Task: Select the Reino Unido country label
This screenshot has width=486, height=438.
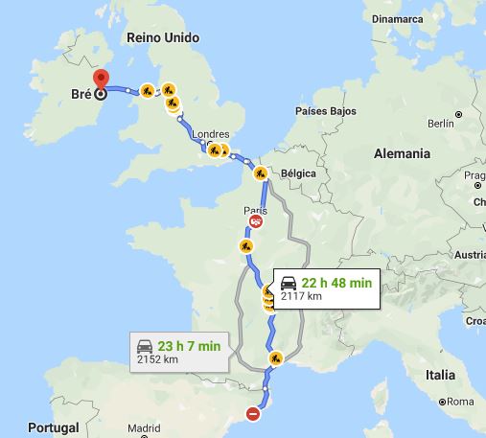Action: (163, 37)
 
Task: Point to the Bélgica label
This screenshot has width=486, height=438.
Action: (299, 173)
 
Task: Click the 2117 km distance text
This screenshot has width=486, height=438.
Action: (301, 296)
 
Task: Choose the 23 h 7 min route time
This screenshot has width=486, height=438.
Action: (192, 345)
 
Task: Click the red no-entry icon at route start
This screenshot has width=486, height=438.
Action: (253, 414)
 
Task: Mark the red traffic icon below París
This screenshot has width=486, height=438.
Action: (256, 222)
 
